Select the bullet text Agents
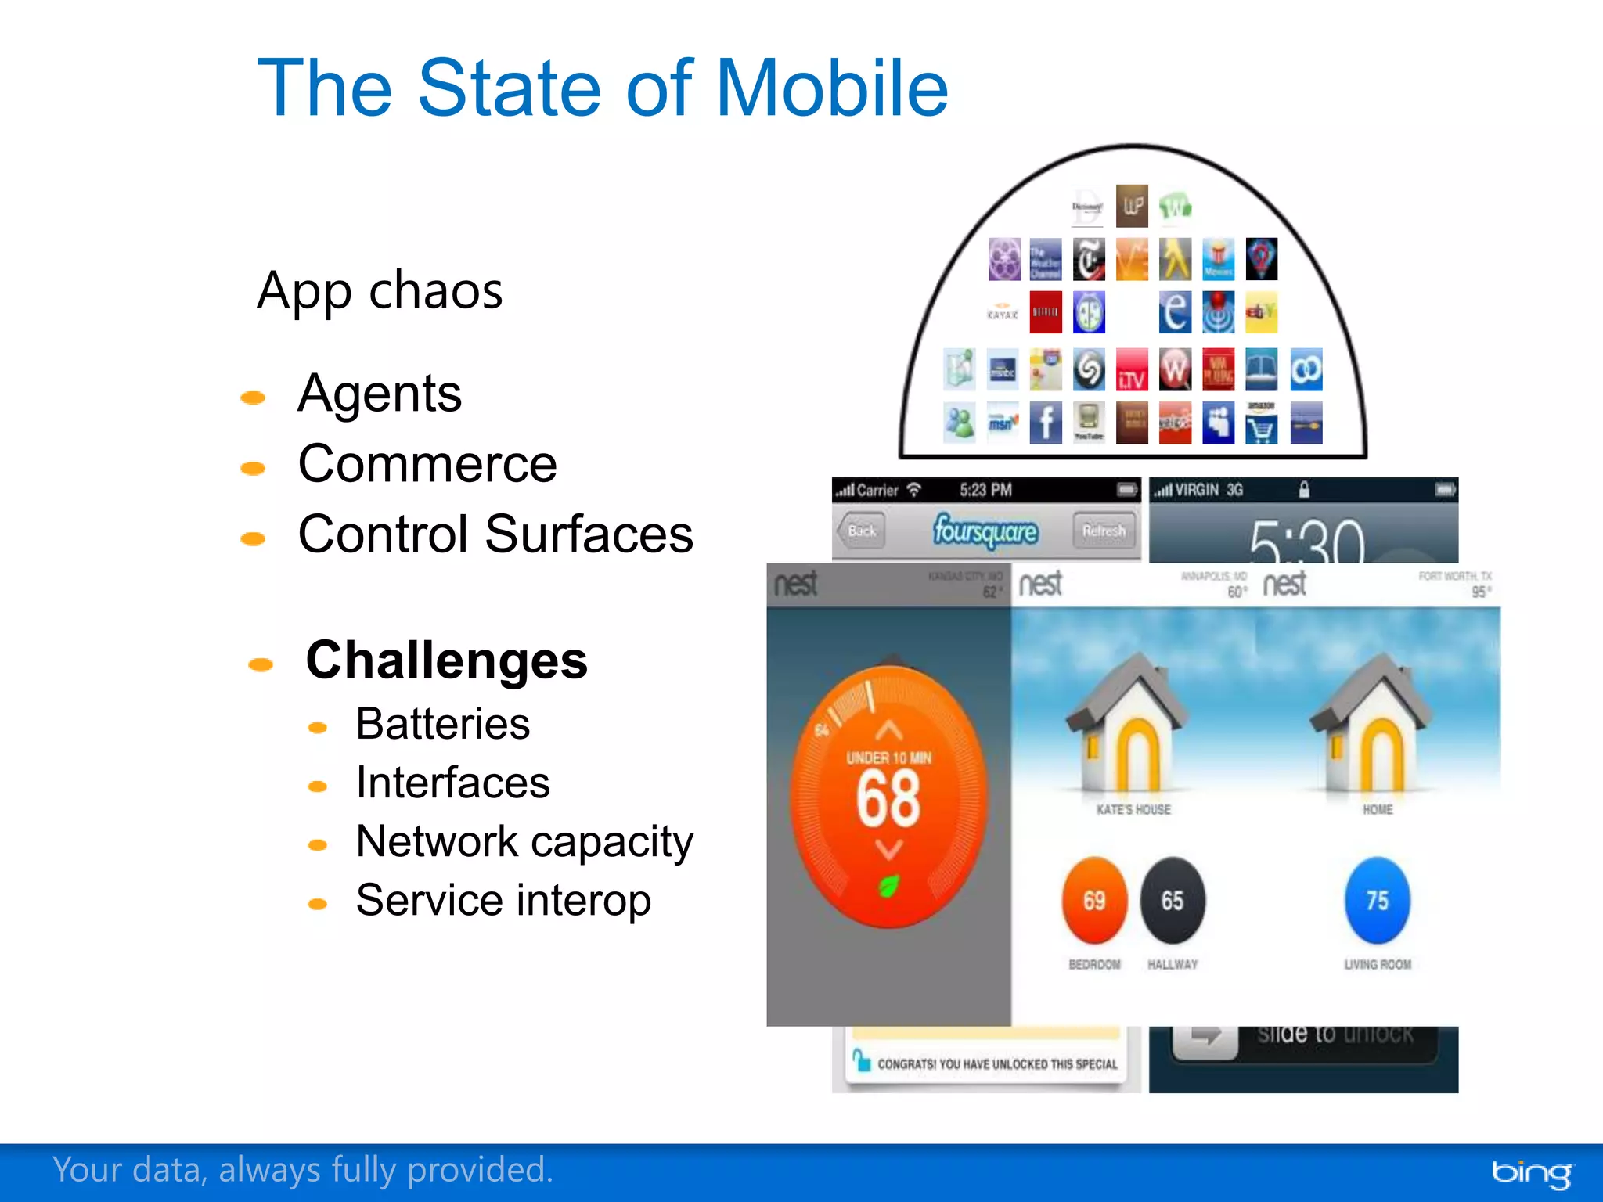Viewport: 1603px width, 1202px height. coord(380,393)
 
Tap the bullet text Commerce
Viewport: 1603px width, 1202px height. coord(427,464)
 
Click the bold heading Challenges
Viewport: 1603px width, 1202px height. coord(446,660)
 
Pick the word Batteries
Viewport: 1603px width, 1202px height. coord(442,724)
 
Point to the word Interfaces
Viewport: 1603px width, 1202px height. coord(452,783)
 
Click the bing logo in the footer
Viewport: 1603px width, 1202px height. coord(1531,1172)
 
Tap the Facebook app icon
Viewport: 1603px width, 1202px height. coord(1046,423)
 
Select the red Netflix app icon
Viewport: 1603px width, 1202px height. coord(1046,312)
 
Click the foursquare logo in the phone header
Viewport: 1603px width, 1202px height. coord(985,531)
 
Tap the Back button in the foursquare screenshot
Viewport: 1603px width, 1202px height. coord(861,531)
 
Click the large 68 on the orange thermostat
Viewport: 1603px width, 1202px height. coord(888,798)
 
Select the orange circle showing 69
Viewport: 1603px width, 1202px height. coord(1094,901)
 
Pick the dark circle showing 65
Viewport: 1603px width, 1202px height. coord(1173,901)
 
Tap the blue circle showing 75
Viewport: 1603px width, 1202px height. coord(1378,901)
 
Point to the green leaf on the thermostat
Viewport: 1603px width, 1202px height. coord(889,886)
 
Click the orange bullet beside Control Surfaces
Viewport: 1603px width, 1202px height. coord(253,538)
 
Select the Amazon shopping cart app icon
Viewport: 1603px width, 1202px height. coord(1261,423)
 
